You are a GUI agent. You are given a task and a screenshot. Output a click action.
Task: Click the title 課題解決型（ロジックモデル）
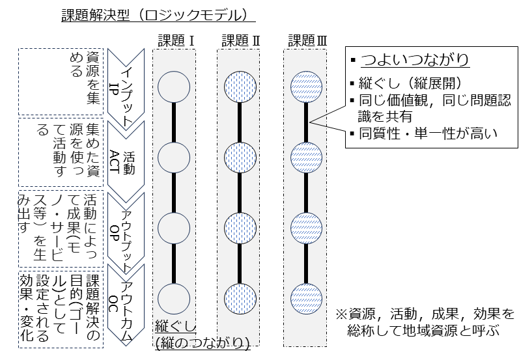pyautogui.click(x=154, y=14)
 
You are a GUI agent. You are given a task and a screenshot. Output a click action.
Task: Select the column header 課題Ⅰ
pyautogui.click(x=176, y=40)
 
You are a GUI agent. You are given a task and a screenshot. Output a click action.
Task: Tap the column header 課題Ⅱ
pyautogui.click(x=241, y=40)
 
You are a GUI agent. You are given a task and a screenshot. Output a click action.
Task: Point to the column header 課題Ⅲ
pyautogui.click(x=307, y=40)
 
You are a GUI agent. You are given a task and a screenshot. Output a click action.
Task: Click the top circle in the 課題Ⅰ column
pyautogui.click(x=174, y=87)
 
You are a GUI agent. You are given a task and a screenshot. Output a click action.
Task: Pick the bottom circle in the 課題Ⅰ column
pyautogui.click(x=174, y=299)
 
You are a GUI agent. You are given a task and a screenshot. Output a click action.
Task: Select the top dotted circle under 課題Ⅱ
pyautogui.click(x=240, y=87)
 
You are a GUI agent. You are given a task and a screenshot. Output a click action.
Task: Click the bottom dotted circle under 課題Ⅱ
pyautogui.click(x=240, y=299)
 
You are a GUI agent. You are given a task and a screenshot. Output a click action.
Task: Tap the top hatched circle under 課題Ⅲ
pyautogui.click(x=306, y=87)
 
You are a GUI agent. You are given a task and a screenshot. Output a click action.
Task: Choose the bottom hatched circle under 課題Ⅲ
pyautogui.click(x=306, y=299)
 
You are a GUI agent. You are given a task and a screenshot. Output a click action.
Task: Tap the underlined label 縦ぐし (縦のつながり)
pyautogui.click(x=203, y=334)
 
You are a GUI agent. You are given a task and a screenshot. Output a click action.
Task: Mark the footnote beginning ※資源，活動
pyautogui.click(x=425, y=322)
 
